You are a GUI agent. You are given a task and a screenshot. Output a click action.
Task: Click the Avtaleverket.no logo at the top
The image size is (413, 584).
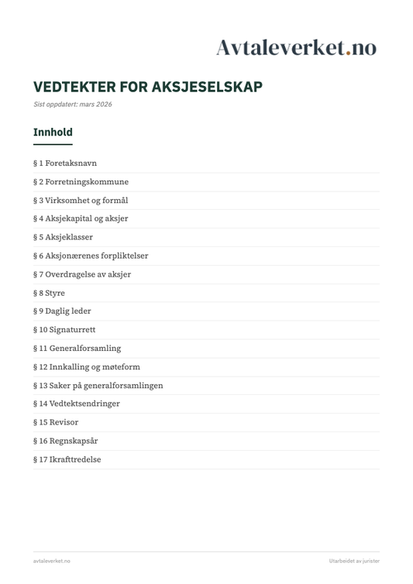pos(296,47)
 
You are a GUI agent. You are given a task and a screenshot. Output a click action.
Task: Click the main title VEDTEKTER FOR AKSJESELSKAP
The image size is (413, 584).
pos(148,87)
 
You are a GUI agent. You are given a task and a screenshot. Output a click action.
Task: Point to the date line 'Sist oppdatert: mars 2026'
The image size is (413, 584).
pos(72,105)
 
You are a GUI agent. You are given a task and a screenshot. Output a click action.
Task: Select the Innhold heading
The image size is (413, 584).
pos(53,132)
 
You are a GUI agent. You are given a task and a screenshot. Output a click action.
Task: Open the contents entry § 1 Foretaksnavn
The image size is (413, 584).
pos(65,163)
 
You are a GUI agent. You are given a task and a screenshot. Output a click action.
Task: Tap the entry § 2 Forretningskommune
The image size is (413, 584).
pos(81,182)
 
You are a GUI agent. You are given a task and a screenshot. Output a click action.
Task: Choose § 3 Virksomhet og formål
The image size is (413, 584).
pos(81,201)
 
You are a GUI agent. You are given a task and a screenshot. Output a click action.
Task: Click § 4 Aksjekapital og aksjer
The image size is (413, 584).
pos(81,219)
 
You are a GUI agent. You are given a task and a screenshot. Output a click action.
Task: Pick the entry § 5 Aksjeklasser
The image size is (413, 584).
pos(63,237)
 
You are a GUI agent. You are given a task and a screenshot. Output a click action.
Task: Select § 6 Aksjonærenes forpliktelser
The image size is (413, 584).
pos(91,256)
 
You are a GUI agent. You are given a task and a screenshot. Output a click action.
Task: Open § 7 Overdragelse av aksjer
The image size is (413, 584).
pos(82,274)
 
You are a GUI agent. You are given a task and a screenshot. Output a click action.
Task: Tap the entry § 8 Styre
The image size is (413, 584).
pos(49,293)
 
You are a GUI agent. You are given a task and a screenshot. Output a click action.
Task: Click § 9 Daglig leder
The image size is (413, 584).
pos(62,311)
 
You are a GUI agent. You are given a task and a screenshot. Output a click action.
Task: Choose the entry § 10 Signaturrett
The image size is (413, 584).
pos(64,330)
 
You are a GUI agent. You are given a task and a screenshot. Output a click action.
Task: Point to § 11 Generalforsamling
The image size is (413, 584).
pos(77,349)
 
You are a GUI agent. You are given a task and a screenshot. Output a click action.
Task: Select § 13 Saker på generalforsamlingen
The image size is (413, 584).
pos(98,386)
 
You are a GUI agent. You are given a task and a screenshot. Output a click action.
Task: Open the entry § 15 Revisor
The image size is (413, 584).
pos(56,422)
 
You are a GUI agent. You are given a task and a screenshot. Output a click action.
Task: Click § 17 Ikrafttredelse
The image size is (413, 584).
pos(67,459)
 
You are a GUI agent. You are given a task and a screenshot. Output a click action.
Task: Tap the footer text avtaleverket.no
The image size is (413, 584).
pos(51,561)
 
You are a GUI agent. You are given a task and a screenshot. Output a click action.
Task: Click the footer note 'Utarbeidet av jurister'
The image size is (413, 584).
pos(354,561)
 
